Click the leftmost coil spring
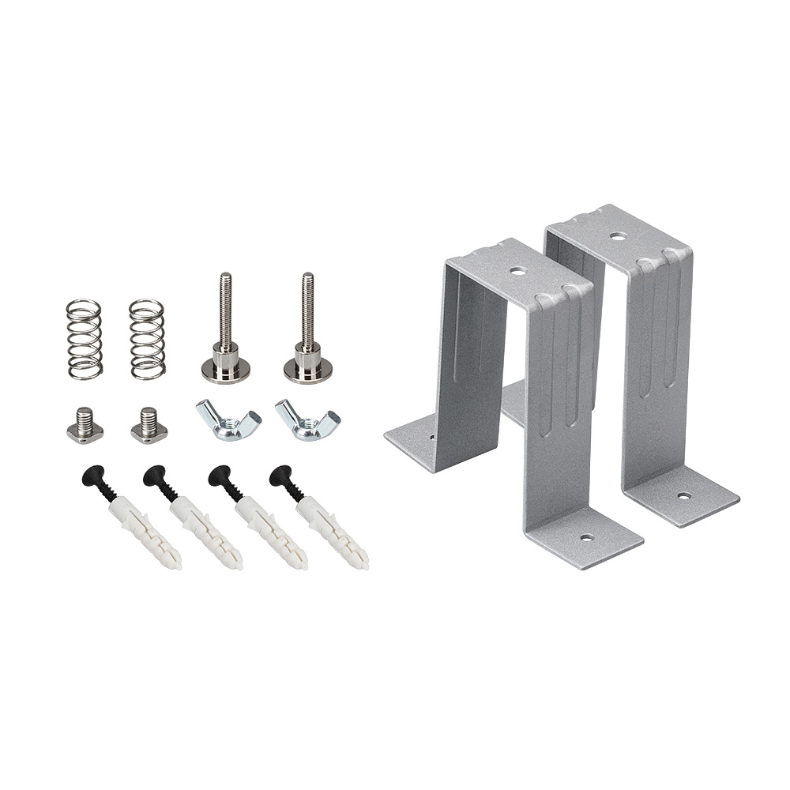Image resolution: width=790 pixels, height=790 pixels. tap(84, 339)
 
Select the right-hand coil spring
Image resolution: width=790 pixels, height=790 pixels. tap(147, 339)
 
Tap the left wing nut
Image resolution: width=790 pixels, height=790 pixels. tap(228, 420)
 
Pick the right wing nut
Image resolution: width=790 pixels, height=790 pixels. tap(307, 420)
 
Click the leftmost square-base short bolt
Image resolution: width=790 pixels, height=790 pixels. tap(85, 425)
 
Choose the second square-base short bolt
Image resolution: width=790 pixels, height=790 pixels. tap(149, 425)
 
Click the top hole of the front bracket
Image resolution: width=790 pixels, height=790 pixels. tap(517, 271)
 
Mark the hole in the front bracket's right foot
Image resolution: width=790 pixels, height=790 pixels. tap(586, 538)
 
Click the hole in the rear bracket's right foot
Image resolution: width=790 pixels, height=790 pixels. tap(683, 496)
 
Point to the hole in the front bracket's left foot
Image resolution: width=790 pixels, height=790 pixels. tap(432, 436)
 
